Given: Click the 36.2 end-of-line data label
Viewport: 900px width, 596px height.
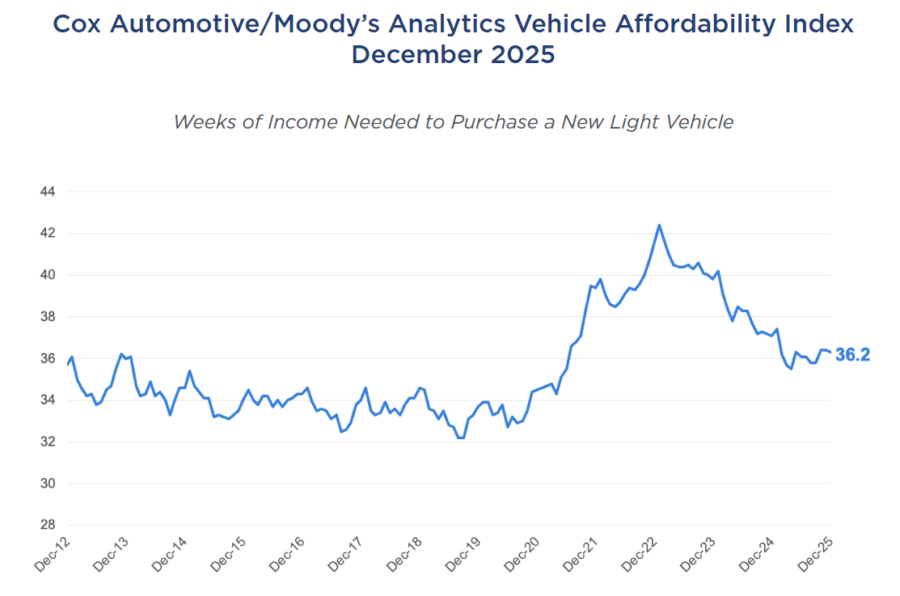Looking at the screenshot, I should click(852, 355).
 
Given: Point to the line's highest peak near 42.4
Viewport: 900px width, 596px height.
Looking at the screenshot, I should click(659, 226).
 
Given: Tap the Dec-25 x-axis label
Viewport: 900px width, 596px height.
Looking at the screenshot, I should click(815, 554).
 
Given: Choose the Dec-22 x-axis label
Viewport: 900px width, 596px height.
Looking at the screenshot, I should click(640, 554).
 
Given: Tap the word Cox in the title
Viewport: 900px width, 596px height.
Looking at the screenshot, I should click(78, 23).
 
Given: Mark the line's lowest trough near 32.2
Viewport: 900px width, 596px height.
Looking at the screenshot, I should click(461, 437).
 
